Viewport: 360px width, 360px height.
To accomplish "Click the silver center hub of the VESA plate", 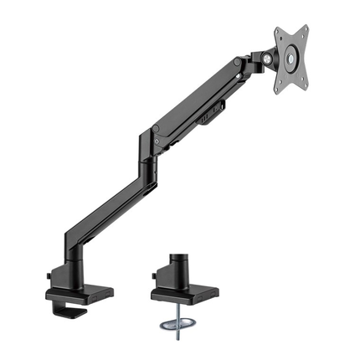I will click(x=291, y=59).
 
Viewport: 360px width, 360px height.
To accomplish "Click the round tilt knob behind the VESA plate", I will click(x=266, y=59).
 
